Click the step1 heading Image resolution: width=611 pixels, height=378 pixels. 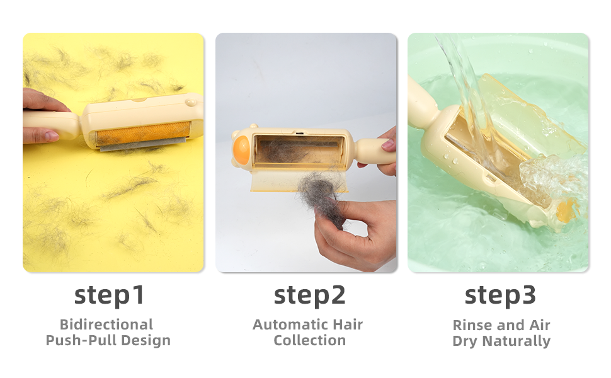point(109,295)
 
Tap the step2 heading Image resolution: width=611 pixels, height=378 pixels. point(309,295)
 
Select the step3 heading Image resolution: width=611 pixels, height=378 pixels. point(500,295)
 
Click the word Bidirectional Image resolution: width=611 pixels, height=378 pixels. point(106,324)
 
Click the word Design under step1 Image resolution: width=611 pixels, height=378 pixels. point(146,340)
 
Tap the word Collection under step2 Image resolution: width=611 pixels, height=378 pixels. point(309,340)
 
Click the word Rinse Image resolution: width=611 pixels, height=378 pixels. point(471,325)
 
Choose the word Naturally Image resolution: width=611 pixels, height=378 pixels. point(517,341)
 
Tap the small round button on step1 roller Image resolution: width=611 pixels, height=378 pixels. point(191,103)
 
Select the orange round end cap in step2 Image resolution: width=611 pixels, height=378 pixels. point(241,150)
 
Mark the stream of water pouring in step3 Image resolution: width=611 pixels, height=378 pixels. point(464,89)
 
